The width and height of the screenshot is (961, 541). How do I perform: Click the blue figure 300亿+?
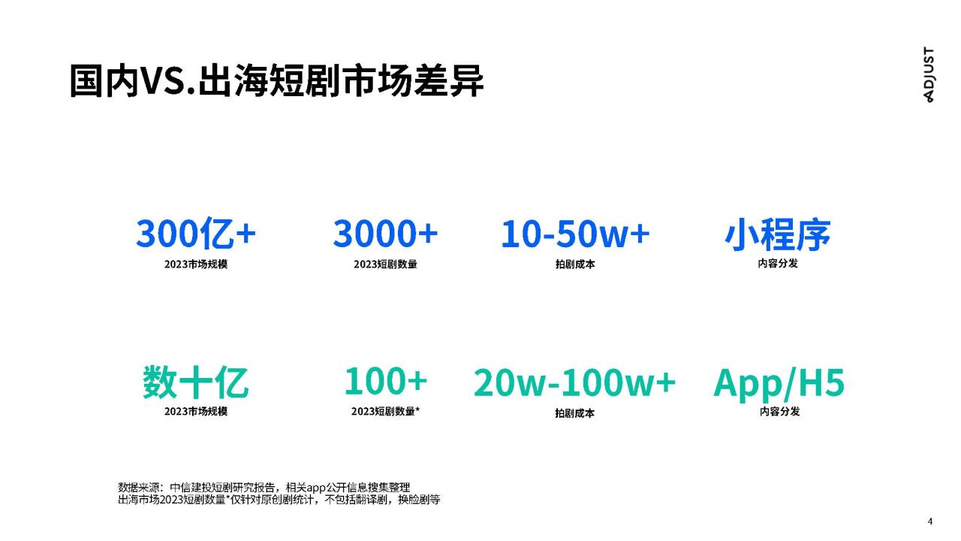click(x=196, y=234)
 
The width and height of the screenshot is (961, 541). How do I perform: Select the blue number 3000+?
click(x=385, y=234)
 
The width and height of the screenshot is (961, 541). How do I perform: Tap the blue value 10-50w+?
click(x=575, y=234)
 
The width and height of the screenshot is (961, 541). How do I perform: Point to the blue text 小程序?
click(x=777, y=234)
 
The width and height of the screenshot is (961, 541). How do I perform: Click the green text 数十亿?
click(x=196, y=382)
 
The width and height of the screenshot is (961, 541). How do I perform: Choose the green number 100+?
click(x=385, y=381)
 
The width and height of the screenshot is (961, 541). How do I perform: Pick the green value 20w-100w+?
click(x=574, y=382)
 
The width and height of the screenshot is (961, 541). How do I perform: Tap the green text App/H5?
click(x=779, y=383)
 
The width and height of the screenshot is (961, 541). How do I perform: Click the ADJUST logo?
click(x=928, y=74)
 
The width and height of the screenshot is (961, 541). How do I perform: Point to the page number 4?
click(x=930, y=521)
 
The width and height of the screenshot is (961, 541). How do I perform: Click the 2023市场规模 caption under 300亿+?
click(x=196, y=264)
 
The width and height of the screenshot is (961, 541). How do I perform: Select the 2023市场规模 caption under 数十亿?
click(x=196, y=411)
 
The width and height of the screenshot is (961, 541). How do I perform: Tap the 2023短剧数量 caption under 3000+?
click(x=385, y=264)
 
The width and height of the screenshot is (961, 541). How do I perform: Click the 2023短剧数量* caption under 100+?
click(x=385, y=411)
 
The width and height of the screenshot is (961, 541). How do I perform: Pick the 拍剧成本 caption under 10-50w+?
click(x=575, y=264)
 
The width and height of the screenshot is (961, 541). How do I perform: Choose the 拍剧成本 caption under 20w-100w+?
click(x=574, y=413)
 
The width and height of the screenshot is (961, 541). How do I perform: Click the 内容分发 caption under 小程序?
click(x=777, y=263)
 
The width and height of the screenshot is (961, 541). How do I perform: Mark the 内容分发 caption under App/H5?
click(x=779, y=411)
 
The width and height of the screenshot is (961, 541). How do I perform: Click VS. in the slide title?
click(x=167, y=80)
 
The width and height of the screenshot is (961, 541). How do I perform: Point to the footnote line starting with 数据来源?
click(x=264, y=488)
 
